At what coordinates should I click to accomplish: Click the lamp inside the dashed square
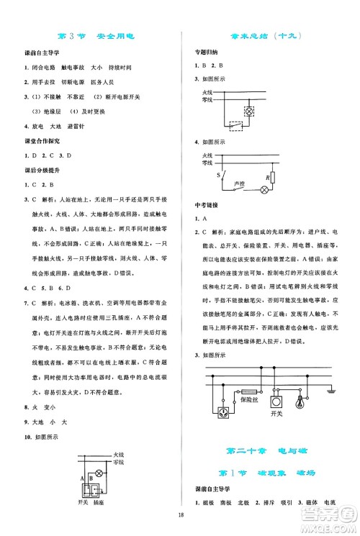(248, 112)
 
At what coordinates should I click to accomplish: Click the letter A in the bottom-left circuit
(84, 477)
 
